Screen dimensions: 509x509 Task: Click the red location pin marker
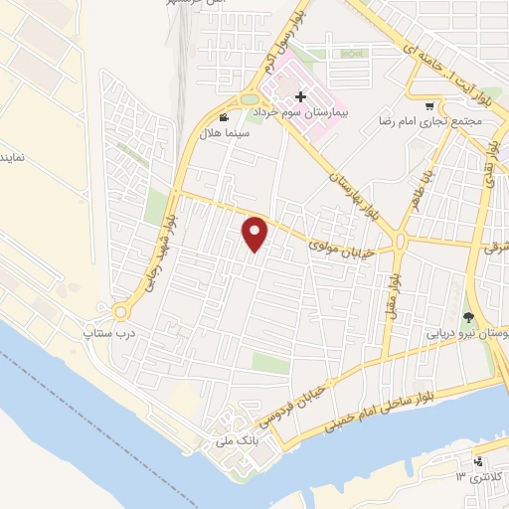(255, 234)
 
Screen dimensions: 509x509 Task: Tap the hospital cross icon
(300, 97)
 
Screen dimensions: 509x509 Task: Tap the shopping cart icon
(428, 105)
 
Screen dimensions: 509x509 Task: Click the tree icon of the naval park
(468, 319)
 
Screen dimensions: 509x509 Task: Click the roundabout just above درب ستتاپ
(121, 311)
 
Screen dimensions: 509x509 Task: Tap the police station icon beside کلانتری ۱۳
(478, 461)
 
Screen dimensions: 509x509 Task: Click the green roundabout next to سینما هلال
(249, 98)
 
